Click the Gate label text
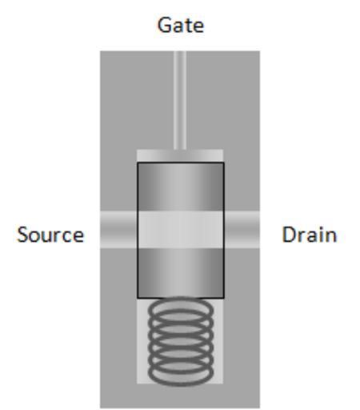pos(181,25)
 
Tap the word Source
pos(50,235)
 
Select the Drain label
pos(310,235)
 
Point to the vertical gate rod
pos(180,100)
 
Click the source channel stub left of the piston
pos(118,230)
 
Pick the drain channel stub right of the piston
pos(242,230)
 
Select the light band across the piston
pos(181,230)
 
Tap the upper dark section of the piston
pos(181,187)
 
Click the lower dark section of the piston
pos(181,273)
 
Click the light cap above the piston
pos(180,156)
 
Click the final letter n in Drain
pos(331,237)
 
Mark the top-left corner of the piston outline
pos(138,163)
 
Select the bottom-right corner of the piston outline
pos(224,298)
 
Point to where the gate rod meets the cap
pos(180,150)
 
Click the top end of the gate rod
pos(180,51)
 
